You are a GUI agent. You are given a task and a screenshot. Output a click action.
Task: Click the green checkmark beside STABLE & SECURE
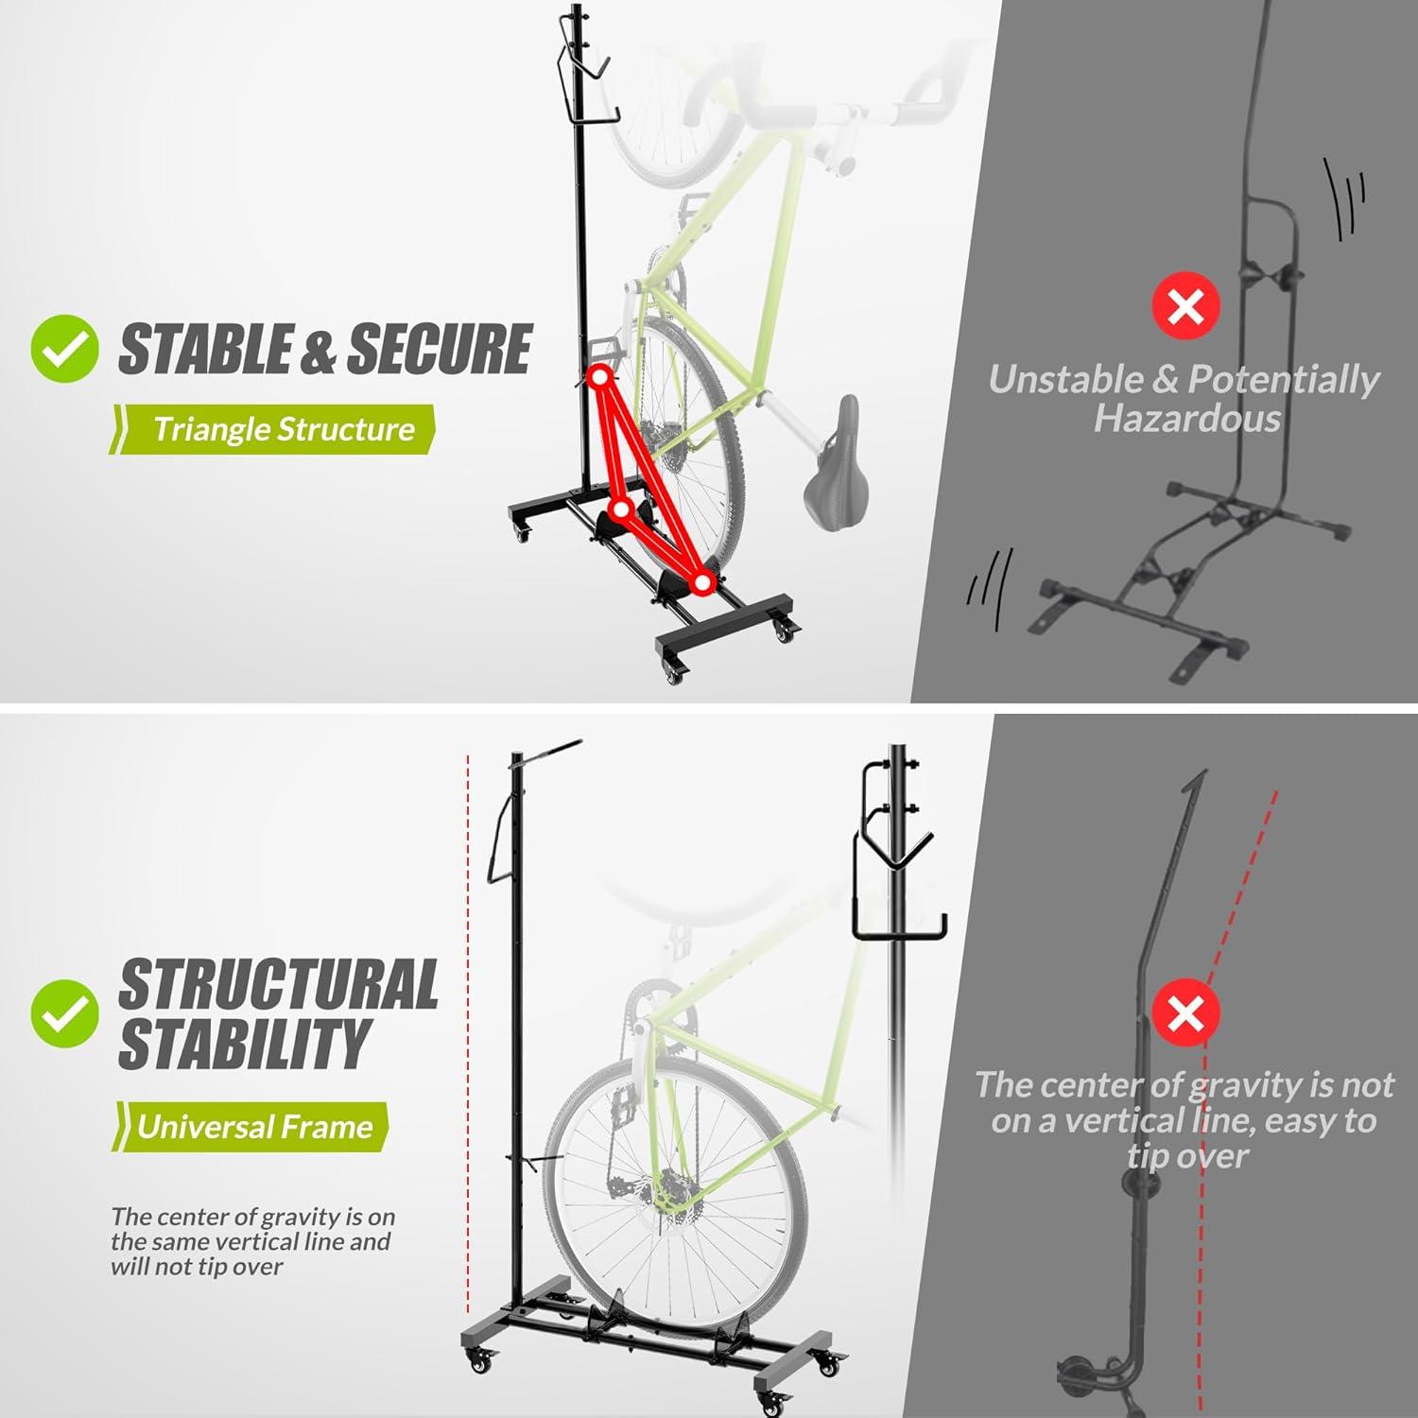pos(64,349)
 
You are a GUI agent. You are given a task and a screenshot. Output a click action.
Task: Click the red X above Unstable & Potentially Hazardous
pos(1185,305)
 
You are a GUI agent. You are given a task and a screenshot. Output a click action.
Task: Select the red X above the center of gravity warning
pos(1185,1013)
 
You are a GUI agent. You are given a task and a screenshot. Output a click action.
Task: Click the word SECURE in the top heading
pos(440,349)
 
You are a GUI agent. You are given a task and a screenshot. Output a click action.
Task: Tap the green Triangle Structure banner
pos(274,429)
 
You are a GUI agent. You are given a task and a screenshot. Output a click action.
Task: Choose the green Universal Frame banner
pos(252,1126)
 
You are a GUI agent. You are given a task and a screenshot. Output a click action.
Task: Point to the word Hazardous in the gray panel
pos(1186,418)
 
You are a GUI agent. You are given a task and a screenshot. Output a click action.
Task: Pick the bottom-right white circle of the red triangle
pos(701,583)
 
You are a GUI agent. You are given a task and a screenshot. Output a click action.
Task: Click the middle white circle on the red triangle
pos(621,510)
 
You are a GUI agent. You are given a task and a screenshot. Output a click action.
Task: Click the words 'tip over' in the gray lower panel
pos(1187,1155)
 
